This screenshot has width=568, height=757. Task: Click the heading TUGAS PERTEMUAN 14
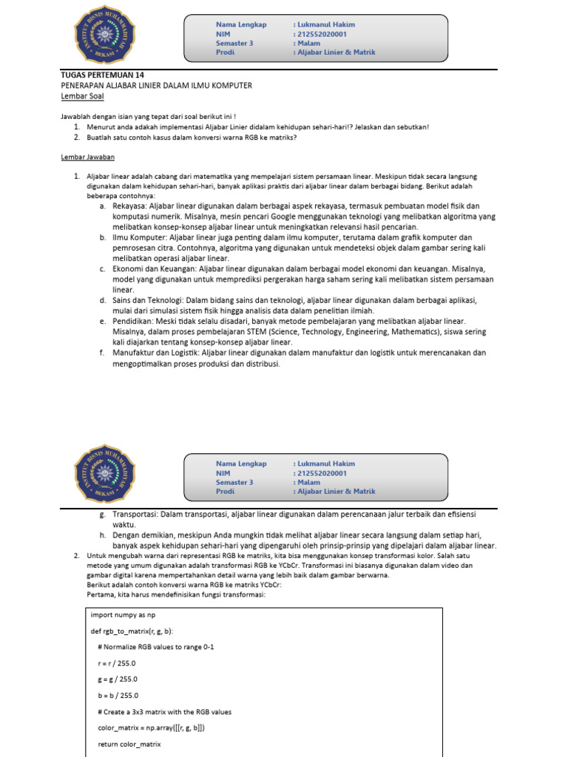tap(103, 75)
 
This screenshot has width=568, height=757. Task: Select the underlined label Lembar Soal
tap(82, 96)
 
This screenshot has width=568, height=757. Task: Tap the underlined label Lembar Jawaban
tap(87, 157)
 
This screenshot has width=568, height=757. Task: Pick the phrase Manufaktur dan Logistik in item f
tap(155, 353)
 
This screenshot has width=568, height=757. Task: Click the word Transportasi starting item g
tap(137, 514)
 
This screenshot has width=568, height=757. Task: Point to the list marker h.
tap(101, 534)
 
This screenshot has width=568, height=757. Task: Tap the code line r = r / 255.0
tap(116, 663)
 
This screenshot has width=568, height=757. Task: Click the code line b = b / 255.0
tap(117, 696)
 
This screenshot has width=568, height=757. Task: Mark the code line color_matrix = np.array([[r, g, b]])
tap(151, 728)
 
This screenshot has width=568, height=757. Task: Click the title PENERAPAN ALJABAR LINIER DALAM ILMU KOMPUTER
tap(156, 86)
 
